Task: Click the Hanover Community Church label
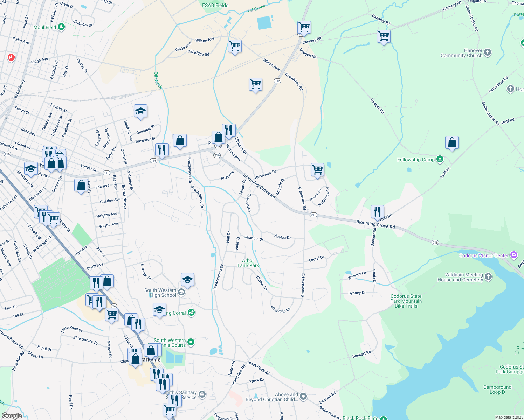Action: (461, 53)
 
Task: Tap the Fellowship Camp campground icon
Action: (440, 160)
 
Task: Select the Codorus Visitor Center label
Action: (484, 255)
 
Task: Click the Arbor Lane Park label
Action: (248, 263)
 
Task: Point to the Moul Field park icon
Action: (61, 27)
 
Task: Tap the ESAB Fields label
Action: (215, 5)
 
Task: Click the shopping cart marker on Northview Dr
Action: (317, 170)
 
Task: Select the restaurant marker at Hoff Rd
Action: (377, 212)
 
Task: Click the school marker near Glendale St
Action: (140, 112)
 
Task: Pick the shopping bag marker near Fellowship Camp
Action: (452, 143)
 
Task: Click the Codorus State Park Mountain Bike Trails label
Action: (406, 301)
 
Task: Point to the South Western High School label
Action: (160, 293)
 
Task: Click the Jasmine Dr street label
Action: (254, 238)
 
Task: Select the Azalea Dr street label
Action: (282, 237)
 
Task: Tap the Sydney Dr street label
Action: (357, 293)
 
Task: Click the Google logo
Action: (12, 415)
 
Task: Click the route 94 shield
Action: (113, 306)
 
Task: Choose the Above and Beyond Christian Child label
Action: (272, 397)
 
